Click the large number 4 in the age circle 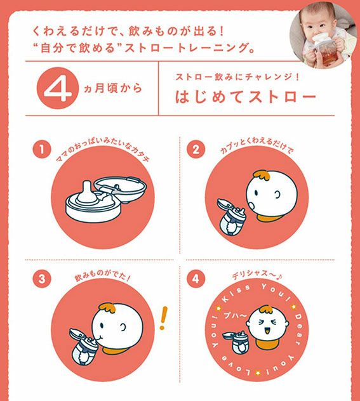[56, 89]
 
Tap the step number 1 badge [41, 149]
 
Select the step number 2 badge [196, 149]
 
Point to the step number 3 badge [42, 279]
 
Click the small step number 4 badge [196, 279]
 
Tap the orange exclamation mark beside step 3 [163, 318]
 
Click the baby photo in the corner [323, 36]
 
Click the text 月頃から [118, 88]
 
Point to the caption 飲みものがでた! [102, 276]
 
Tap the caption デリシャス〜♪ [257, 275]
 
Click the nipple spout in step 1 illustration [87, 191]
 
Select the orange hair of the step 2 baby [262, 176]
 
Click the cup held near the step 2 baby [230, 216]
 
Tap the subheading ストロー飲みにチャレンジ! [237, 77]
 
